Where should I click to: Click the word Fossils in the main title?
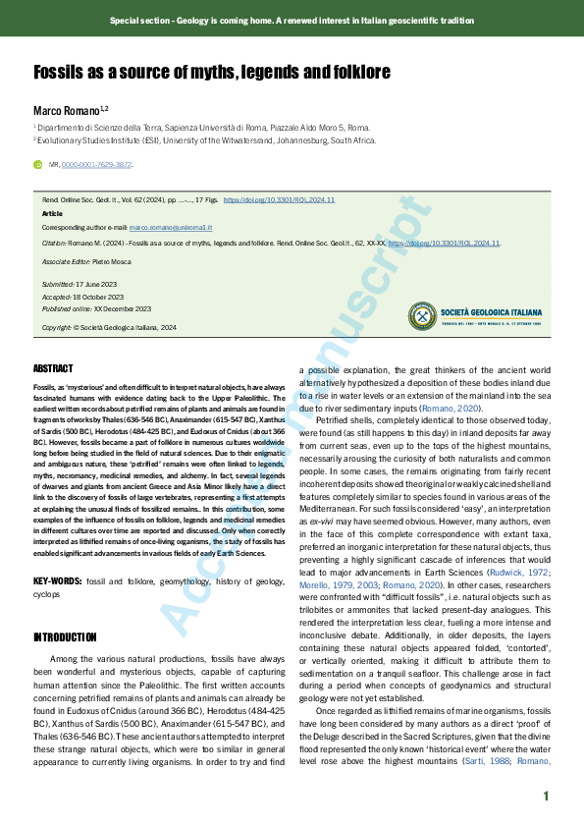(x=60, y=73)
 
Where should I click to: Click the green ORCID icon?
(x=38, y=165)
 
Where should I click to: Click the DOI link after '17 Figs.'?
(x=280, y=199)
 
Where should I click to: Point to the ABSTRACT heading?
(x=53, y=368)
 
